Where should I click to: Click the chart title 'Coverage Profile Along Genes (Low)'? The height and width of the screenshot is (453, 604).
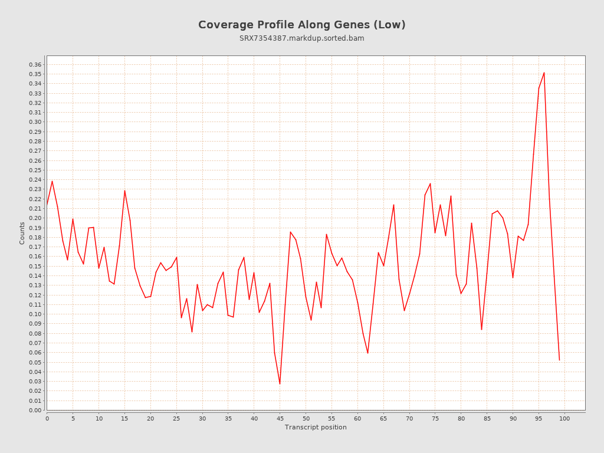pyautogui.click(x=301, y=25)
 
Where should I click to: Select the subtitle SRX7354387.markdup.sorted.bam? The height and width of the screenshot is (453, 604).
pyautogui.click(x=301, y=38)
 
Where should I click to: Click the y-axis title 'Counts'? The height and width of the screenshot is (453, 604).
pyautogui.click(x=22, y=233)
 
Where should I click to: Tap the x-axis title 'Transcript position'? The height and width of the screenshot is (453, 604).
pyautogui.click(x=316, y=427)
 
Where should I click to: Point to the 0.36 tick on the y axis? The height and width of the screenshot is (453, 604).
pyautogui.click(x=35, y=64)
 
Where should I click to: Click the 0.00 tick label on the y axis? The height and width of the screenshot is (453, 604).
pyautogui.click(x=35, y=410)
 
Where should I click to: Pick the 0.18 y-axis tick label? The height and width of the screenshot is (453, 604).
pyautogui.click(x=35, y=237)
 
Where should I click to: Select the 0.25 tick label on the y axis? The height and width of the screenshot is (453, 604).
pyautogui.click(x=35, y=170)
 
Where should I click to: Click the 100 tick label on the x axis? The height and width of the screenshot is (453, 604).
pyautogui.click(x=564, y=418)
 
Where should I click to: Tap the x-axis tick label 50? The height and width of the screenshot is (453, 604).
pyautogui.click(x=306, y=418)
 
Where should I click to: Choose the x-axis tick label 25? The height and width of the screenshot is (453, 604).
pyautogui.click(x=176, y=418)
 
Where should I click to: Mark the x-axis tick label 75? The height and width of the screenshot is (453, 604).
pyautogui.click(x=435, y=418)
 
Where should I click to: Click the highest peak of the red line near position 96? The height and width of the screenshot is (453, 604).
pyautogui.click(x=544, y=73)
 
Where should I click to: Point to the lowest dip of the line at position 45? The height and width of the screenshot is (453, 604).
pyautogui.click(x=280, y=384)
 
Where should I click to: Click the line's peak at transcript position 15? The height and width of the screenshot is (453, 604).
pyautogui.click(x=124, y=190)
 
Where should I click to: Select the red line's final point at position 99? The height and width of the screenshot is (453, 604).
pyautogui.click(x=559, y=360)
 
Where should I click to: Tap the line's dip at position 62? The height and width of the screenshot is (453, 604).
pyautogui.click(x=367, y=353)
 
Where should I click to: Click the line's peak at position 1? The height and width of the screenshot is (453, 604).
pyautogui.click(x=52, y=181)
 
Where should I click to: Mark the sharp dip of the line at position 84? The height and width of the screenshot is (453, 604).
pyautogui.click(x=481, y=330)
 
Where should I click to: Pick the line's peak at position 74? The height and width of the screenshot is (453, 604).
pyautogui.click(x=430, y=183)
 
